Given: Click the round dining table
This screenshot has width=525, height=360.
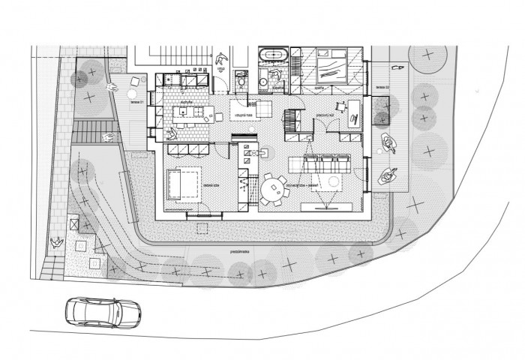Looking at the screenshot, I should tap(274, 188).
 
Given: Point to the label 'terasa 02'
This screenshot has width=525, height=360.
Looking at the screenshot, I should tap(381, 88).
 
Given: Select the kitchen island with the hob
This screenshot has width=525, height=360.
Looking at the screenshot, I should tap(190, 114).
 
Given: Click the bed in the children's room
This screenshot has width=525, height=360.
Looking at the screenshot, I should tap(183, 184).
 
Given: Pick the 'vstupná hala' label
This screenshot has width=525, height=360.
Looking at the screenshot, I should tap(242, 114).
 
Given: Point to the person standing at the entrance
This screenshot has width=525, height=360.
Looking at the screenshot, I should tap(222, 59).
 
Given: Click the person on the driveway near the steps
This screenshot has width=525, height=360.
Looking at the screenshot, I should tap(55, 241).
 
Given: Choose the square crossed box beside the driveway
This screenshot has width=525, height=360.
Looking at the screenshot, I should tap(73, 223).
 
